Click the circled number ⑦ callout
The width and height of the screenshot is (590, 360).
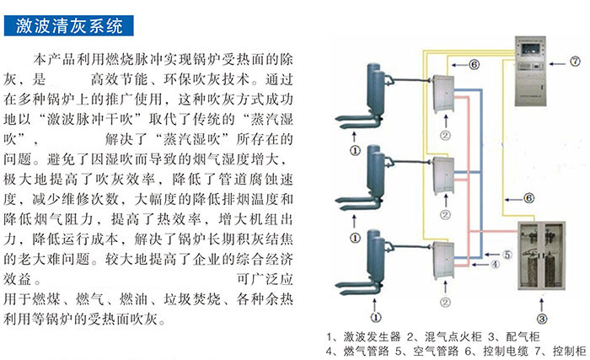pyautogui.click(x=575, y=61)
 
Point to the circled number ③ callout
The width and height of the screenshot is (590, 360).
pyautogui.click(x=543, y=318)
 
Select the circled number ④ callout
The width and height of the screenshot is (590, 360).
pyautogui.click(x=495, y=264)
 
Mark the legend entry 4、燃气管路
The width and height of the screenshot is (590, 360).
pyautogui.click(x=365, y=350)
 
